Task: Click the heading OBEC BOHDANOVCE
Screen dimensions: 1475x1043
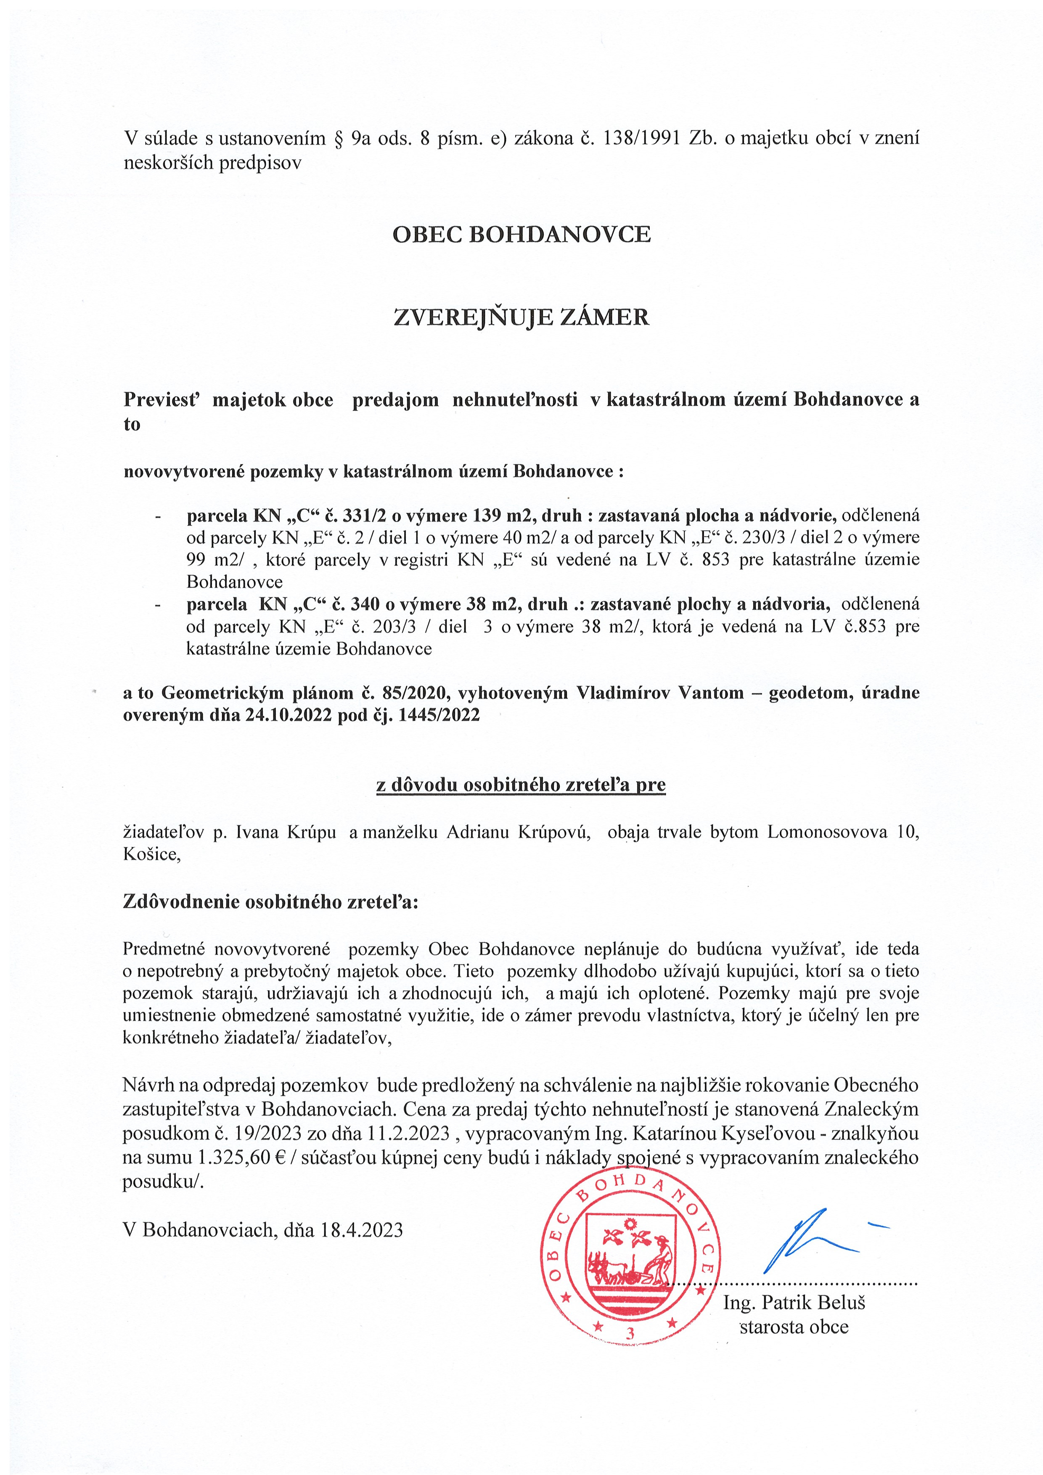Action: tap(521, 235)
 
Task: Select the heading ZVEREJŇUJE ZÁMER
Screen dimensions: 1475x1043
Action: tap(521, 317)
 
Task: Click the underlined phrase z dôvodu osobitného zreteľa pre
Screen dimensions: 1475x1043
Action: tap(521, 785)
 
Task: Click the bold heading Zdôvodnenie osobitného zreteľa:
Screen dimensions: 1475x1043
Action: tap(270, 902)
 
